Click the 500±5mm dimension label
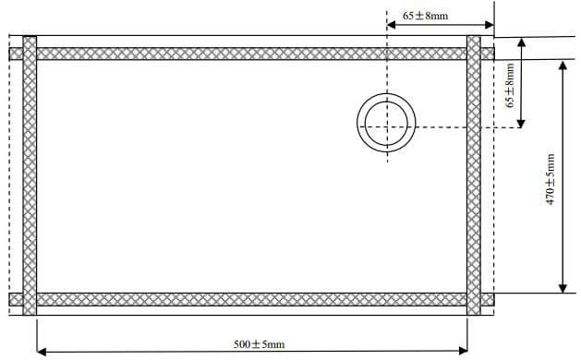click(x=259, y=344)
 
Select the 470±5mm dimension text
click(x=551, y=179)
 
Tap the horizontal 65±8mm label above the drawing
click(x=426, y=16)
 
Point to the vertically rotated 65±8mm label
click(x=510, y=85)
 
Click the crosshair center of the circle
click(x=387, y=127)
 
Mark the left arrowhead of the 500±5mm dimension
click(x=42, y=351)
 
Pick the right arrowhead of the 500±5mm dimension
click(x=463, y=351)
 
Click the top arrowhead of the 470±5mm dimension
click(x=563, y=66)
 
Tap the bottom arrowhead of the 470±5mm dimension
click(x=563, y=289)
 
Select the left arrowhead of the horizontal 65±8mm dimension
click(x=392, y=25)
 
